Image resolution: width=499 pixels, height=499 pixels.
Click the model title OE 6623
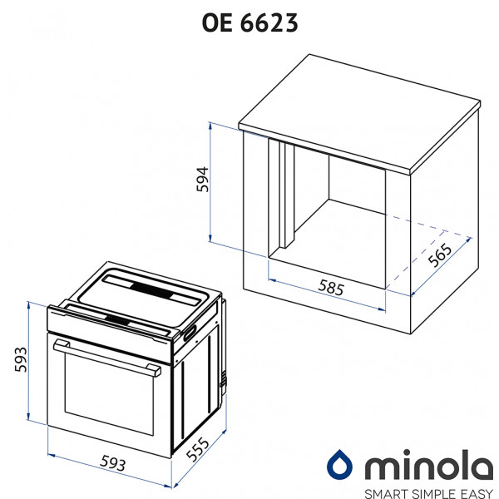click(249, 24)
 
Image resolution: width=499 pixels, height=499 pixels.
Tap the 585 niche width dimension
click(330, 289)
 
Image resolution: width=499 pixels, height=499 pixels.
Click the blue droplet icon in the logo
click(339, 463)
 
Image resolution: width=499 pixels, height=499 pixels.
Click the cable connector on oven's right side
click(222, 383)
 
